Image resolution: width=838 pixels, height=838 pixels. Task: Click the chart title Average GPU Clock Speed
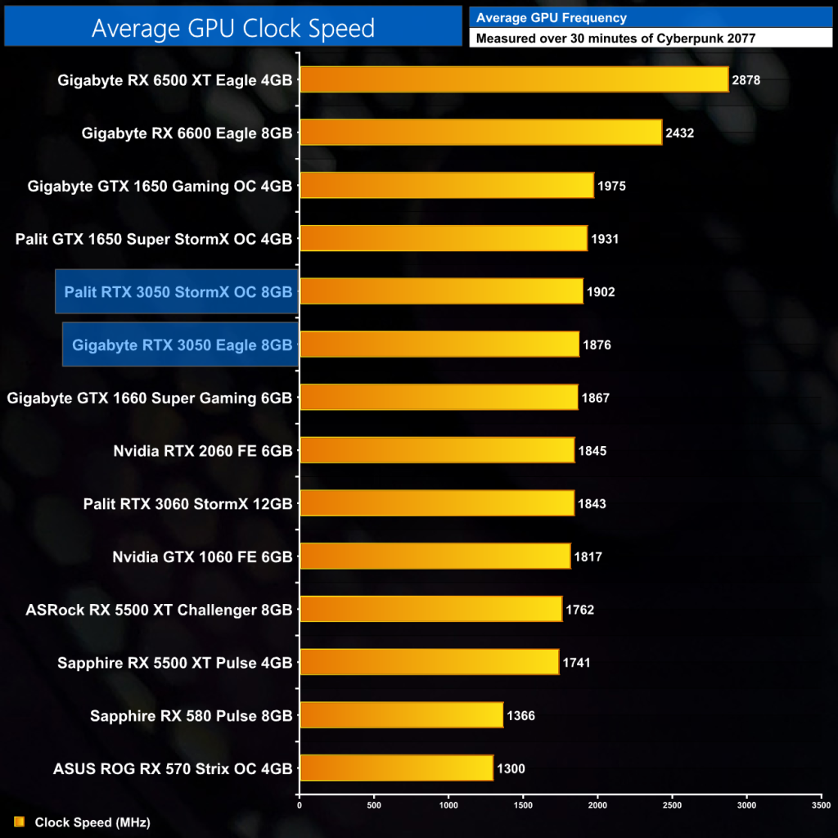232,28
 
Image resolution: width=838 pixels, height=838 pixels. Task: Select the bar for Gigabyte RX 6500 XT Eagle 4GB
514,79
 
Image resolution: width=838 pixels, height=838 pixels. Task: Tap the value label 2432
679,133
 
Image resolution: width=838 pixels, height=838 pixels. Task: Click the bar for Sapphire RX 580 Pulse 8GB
401,715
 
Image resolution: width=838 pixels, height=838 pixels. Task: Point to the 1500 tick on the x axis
523,804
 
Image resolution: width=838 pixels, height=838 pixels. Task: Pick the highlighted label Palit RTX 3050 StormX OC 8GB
178,291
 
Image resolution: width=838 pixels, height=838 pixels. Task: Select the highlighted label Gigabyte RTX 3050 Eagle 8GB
182,345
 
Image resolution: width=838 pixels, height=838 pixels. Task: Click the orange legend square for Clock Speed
19,822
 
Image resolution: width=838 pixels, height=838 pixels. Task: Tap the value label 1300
510,768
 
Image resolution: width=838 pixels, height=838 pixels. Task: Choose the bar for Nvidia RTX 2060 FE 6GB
437,450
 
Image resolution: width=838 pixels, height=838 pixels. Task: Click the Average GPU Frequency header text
539,17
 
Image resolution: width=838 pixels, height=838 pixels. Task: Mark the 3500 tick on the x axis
821,804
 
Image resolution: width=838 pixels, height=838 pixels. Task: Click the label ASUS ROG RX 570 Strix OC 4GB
173,768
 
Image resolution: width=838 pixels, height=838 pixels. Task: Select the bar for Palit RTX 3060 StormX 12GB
437,503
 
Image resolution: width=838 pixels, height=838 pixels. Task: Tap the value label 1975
611,186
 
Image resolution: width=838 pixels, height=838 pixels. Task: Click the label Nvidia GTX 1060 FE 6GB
202,556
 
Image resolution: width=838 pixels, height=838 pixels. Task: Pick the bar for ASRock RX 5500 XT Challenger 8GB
430,610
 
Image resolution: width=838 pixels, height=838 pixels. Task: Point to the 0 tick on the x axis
300,804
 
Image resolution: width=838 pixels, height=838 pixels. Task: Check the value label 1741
577,662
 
